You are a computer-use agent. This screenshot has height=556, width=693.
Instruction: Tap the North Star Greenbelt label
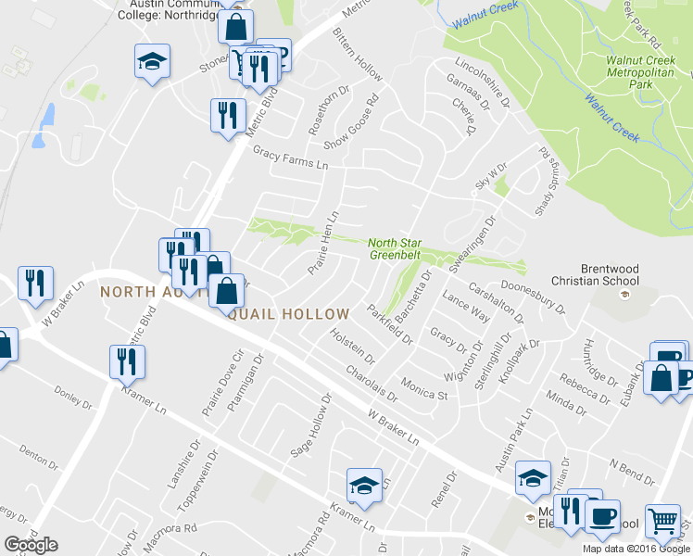point(396,248)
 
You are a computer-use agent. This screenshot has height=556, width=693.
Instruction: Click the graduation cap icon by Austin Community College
point(151,62)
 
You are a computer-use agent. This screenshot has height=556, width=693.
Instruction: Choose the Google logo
point(31,545)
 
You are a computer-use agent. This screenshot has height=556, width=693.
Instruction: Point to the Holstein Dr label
point(352,345)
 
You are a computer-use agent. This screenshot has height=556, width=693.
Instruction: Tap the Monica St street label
point(423,388)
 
